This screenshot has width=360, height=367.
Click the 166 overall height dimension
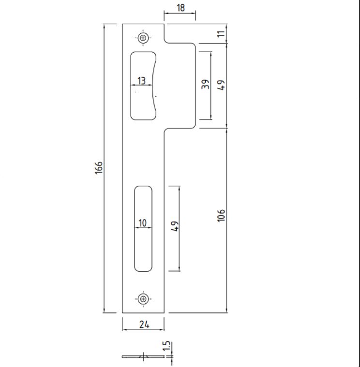click(99, 167)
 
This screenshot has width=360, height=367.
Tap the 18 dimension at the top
click(180, 8)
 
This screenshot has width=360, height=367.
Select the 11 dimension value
click(221, 34)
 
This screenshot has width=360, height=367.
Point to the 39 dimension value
click(205, 84)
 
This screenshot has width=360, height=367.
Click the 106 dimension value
click(221, 215)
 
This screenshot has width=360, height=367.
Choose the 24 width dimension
click(144, 324)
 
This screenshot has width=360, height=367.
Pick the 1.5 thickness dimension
click(166, 346)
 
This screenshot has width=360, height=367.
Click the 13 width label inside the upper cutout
click(141, 81)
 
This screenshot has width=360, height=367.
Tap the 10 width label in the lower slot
click(142, 223)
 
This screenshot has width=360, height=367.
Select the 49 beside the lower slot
click(175, 226)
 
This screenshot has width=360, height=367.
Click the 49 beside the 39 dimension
click(221, 85)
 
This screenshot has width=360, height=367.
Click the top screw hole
click(143, 38)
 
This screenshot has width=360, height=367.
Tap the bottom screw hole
click(143, 299)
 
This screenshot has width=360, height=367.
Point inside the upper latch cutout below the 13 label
click(142, 103)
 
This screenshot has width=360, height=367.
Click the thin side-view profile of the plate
click(143, 357)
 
